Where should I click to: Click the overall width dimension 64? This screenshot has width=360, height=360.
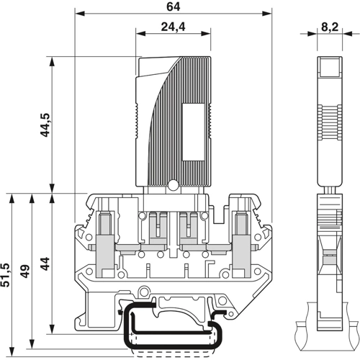point(173,6)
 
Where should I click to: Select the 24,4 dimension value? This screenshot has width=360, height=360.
point(173,27)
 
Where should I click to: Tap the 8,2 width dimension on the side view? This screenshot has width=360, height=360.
point(330,27)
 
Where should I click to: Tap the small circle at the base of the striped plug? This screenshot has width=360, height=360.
point(173,186)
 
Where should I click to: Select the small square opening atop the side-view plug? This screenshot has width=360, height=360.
point(329,68)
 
